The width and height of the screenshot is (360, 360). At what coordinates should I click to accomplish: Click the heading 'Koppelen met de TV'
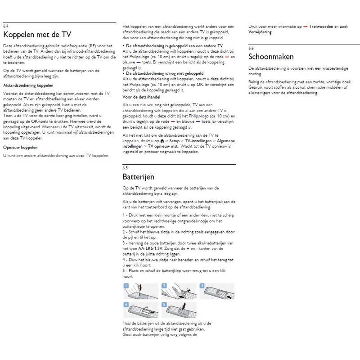click(37, 35)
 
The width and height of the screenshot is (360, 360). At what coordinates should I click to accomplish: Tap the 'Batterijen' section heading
click(138, 177)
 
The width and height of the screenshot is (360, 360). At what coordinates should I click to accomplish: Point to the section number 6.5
click(125, 168)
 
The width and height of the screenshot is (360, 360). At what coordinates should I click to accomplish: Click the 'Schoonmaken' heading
click(271, 57)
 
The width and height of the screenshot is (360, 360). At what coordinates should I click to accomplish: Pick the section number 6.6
click(251, 48)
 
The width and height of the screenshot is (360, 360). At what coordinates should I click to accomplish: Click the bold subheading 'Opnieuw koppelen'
click(20, 147)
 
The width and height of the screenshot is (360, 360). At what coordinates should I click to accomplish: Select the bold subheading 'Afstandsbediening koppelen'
click(28, 85)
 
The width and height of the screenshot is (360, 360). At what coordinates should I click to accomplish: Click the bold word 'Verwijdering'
click(260, 32)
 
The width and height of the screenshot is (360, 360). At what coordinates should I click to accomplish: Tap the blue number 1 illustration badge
click(126, 286)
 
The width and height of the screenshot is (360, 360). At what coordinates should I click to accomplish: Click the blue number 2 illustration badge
click(165, 286)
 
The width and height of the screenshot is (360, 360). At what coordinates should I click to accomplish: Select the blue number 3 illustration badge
click(202, 286)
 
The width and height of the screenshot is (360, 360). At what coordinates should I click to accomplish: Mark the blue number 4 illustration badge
click(126, 305)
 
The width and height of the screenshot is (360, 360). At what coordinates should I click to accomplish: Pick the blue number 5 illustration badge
click(165, 305)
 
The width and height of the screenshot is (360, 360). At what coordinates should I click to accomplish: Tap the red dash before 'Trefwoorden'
click(305, 27)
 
